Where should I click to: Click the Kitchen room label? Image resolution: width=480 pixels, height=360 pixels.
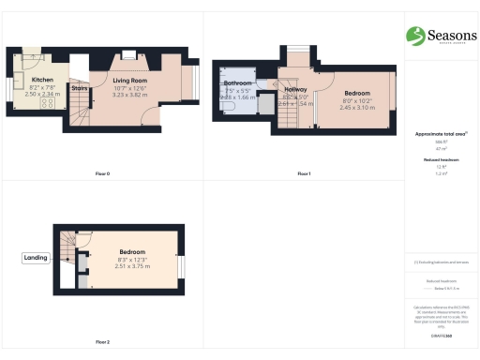(42, 80)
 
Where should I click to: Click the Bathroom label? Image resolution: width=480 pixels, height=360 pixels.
(238, 83)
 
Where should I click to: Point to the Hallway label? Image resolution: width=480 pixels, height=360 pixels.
(294, 90)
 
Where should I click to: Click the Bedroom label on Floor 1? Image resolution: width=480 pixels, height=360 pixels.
(356, 93)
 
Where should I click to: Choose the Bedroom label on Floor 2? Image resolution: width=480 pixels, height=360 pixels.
(131, 252)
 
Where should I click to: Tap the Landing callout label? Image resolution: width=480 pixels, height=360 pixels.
(35, 258)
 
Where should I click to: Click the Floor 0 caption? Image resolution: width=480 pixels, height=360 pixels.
(102, 173)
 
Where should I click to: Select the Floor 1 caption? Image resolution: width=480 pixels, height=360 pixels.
(303, 173)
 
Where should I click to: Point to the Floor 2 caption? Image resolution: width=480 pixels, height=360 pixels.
(102, 341)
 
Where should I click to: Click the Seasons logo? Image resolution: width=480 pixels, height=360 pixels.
(439, 36)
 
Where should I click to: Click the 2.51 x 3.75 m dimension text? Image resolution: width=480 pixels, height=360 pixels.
(131, 265)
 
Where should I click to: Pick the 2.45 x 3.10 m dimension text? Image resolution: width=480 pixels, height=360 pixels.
(356, 108)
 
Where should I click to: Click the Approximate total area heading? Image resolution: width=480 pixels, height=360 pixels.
(441, 134)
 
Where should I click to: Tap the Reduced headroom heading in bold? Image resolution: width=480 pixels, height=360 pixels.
(440, 160)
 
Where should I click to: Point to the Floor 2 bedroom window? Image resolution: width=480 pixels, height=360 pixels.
(183, 264)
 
